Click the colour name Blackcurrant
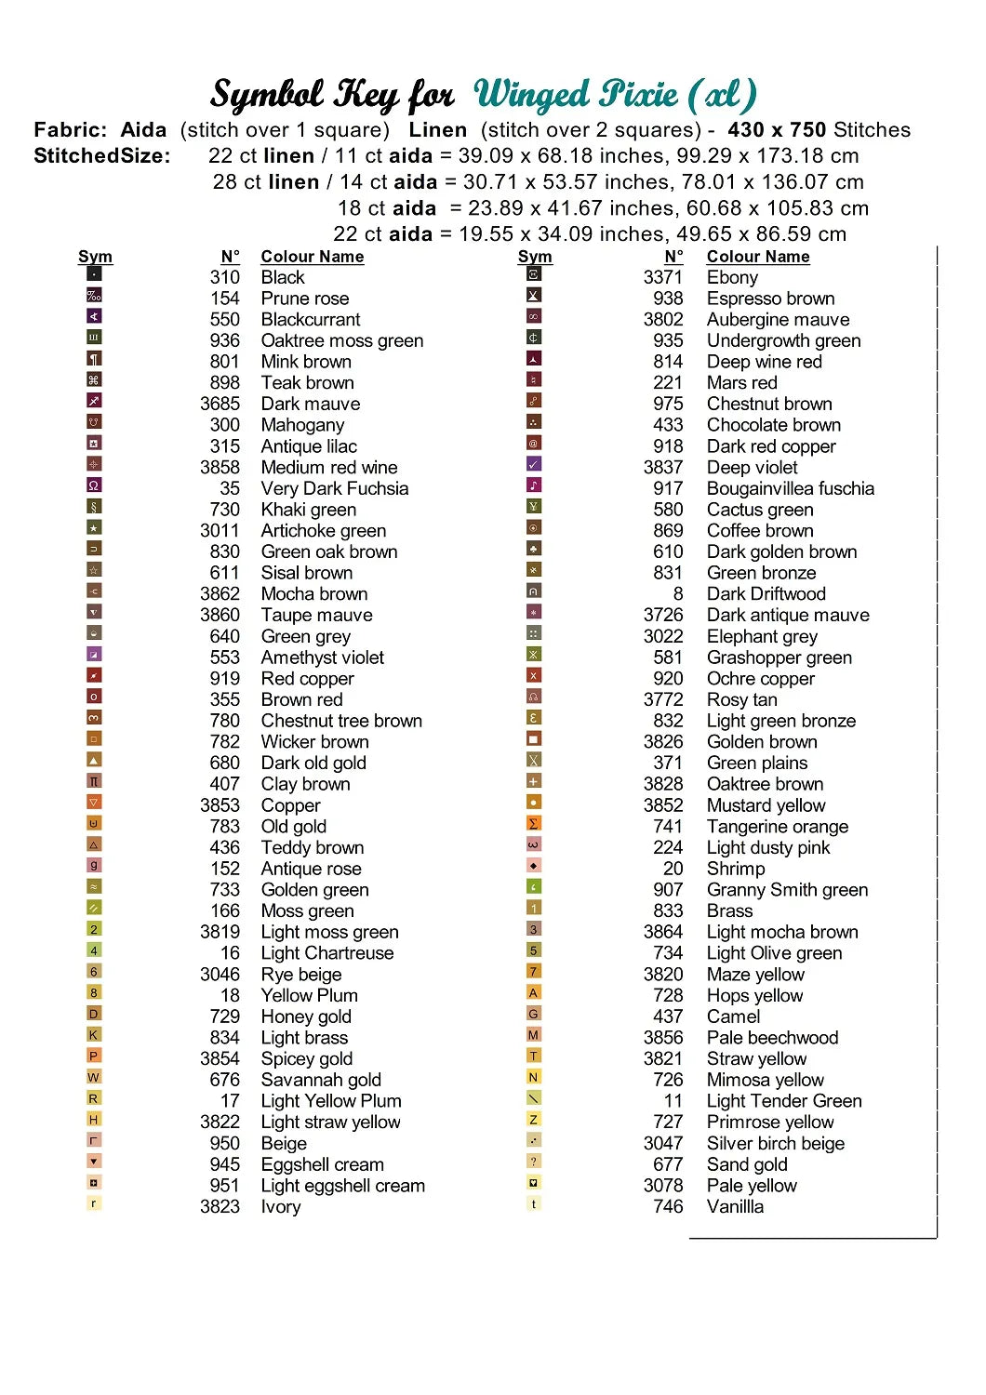[310, 320]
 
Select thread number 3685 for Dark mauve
[220, 405]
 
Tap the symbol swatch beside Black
[94, 274]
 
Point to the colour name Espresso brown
[770, 299]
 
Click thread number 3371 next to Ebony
[662, 277]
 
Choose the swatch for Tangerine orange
[534, 823]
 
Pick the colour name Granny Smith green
[787, 890]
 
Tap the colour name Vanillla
[735, 1207]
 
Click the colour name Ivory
[280, 1207]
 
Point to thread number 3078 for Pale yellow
[662, 1186]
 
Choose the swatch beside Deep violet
[534, 464]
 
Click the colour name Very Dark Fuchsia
[334, 489]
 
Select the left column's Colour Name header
[312, 257]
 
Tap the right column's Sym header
[535, 257]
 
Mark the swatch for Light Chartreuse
[94, 950]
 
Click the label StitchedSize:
[102, 156]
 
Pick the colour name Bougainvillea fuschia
[790, 489]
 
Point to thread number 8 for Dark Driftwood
[677, 594]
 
